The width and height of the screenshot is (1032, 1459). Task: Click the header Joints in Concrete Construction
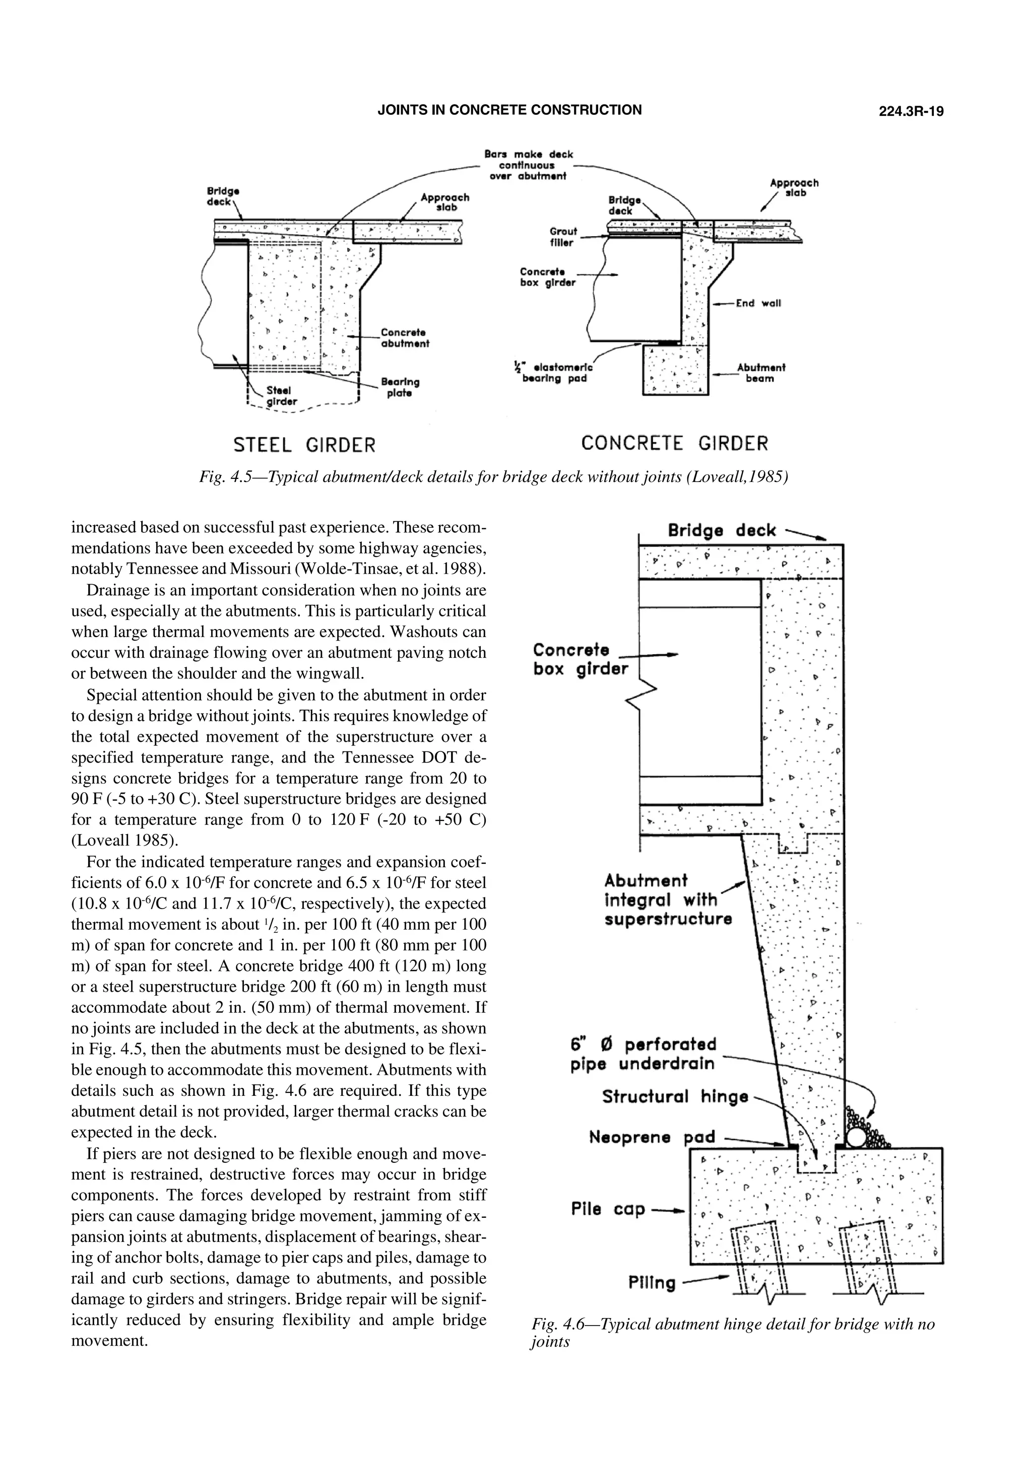509,110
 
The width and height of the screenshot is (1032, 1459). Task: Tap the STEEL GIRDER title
304,444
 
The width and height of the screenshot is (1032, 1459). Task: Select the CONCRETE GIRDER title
674,443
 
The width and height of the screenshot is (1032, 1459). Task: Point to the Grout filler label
562,237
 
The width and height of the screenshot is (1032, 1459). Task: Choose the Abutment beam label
760,373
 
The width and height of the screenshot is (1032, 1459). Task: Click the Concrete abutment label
405,338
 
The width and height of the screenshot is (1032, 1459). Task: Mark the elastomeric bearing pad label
554,373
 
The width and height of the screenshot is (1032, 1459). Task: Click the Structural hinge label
675,1097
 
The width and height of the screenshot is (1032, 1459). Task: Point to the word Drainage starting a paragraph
114,590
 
